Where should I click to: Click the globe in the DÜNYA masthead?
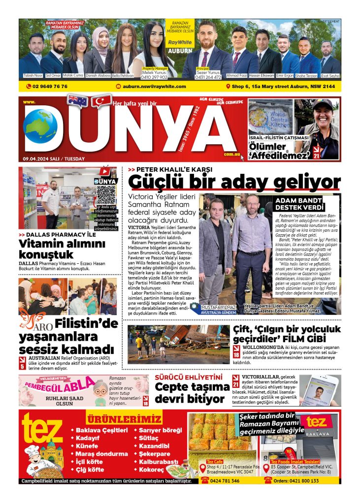click(x=40, y=126)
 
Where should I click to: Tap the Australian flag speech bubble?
click(x=77, y=100)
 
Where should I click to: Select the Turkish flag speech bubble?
click(x=102, y=100)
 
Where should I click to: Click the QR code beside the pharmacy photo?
click(x=106, y=195)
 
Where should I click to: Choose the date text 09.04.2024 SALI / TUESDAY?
click(x=54, y=158)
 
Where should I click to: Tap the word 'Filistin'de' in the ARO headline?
click(x=87, y=324)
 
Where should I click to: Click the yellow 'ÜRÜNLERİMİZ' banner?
click(x=124, y=419)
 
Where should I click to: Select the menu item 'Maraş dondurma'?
click(x=101, y=453)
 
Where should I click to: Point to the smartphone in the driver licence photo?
click(x=318, y=389)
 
